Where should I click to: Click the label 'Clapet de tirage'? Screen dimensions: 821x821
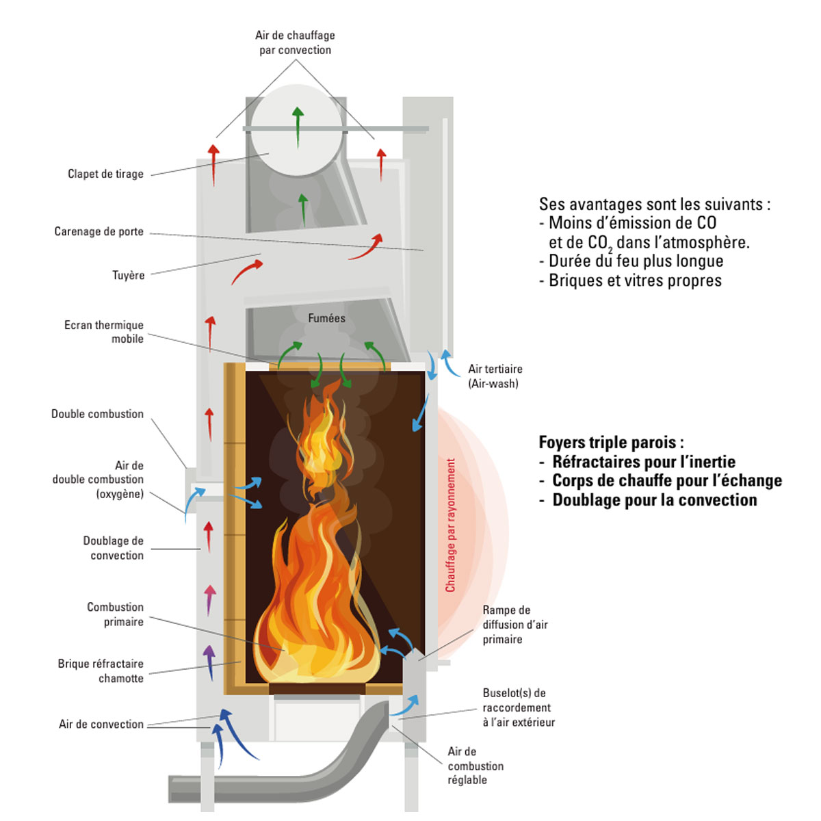pyautogui.click(x=105, y=174)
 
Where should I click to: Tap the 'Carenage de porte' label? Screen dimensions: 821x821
pyautogui.click(x=99, y=231)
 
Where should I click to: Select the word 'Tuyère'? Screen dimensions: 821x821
pyautogui.click(x=128, y=275)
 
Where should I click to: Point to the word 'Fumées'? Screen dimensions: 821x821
pyautogui.click(x=326, y=318)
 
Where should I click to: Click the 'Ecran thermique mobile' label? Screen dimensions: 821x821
pyautogui.click(x=104, y=332)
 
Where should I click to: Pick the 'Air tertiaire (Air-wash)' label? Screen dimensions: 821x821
pyautogui.click(x=495, y=376)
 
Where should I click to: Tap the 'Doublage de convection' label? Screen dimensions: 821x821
pyautogui.click(x=114, y=548)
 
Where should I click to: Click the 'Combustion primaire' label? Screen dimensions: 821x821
pyautogui.click(x=115, y=614)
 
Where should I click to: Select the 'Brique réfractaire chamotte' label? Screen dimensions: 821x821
pyautogui.click(x=101, y=671)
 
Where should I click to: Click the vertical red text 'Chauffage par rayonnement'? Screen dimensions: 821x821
pyautogui.click(x=450, y=525)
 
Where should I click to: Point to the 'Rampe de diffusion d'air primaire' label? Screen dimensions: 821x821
pyautogui.click(x=514, y=625)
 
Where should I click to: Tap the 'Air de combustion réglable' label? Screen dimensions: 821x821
pyautogui.click(x=475, y=766)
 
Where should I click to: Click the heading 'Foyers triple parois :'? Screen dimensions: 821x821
pyautogui.click(x=611, y=442)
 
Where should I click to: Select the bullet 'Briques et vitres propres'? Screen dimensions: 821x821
pyautogui.click(x=634, y=281)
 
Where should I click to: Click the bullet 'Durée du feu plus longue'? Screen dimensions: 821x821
pyautogui.click(x=635, y=261)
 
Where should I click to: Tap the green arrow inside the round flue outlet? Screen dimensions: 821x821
pyautogui.click(x=297, y=127)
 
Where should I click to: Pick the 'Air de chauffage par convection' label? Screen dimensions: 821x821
pyautogui.click(x=295, y=42)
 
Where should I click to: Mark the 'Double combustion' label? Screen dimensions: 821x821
pyautogui.click(x=97, y=414)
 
